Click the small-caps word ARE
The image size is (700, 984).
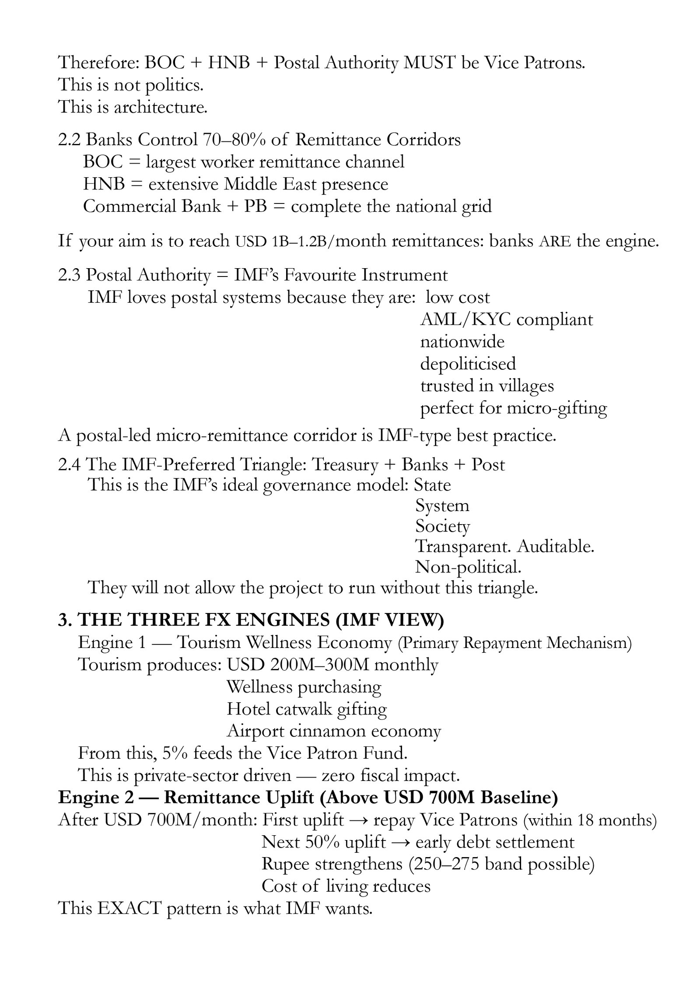point(555,242)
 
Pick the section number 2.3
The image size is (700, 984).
point(69,275)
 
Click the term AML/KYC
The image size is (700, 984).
point(465,320)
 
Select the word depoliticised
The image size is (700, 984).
point(468,364)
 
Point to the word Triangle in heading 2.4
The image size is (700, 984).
point(272,465)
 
